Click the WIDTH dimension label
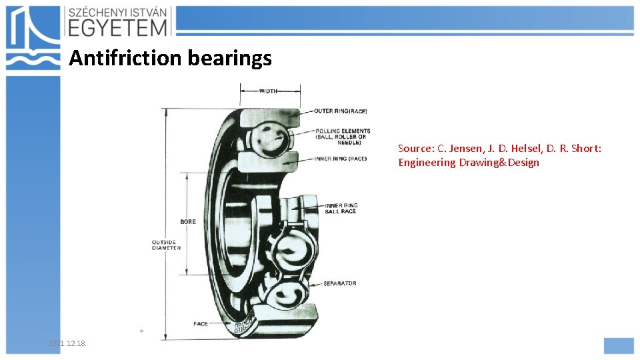tap(268, 91)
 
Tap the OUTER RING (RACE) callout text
tap(341, 111)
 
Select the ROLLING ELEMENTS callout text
tap(342, 137)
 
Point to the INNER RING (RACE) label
tap(341, 159)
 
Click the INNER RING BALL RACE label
tap(341, 208)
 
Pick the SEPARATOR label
tap(339, 283)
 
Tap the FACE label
tap(201, 324)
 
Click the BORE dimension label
tap(187, 221)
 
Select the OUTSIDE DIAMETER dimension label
tap(166, 245)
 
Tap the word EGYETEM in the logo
tap(117, 27)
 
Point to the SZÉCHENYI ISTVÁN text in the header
tap(119, 11)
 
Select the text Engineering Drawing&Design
tap(469, 163)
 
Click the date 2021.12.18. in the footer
tap(67, 343)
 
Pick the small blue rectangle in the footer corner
tap(618, 345)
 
